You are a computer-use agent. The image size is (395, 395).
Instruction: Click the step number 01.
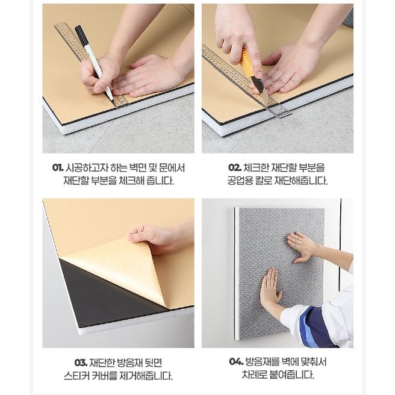click(x=58, y=168)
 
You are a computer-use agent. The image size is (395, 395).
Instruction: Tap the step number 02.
click(x=235, y=167)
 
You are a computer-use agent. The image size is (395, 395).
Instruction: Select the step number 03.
click(x=81, y=362)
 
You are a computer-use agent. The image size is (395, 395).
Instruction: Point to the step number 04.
click(x=236, y=362)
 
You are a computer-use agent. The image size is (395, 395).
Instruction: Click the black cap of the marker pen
click(x=81, y=36)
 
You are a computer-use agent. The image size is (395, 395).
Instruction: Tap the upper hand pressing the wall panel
click(x=301, y=247)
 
